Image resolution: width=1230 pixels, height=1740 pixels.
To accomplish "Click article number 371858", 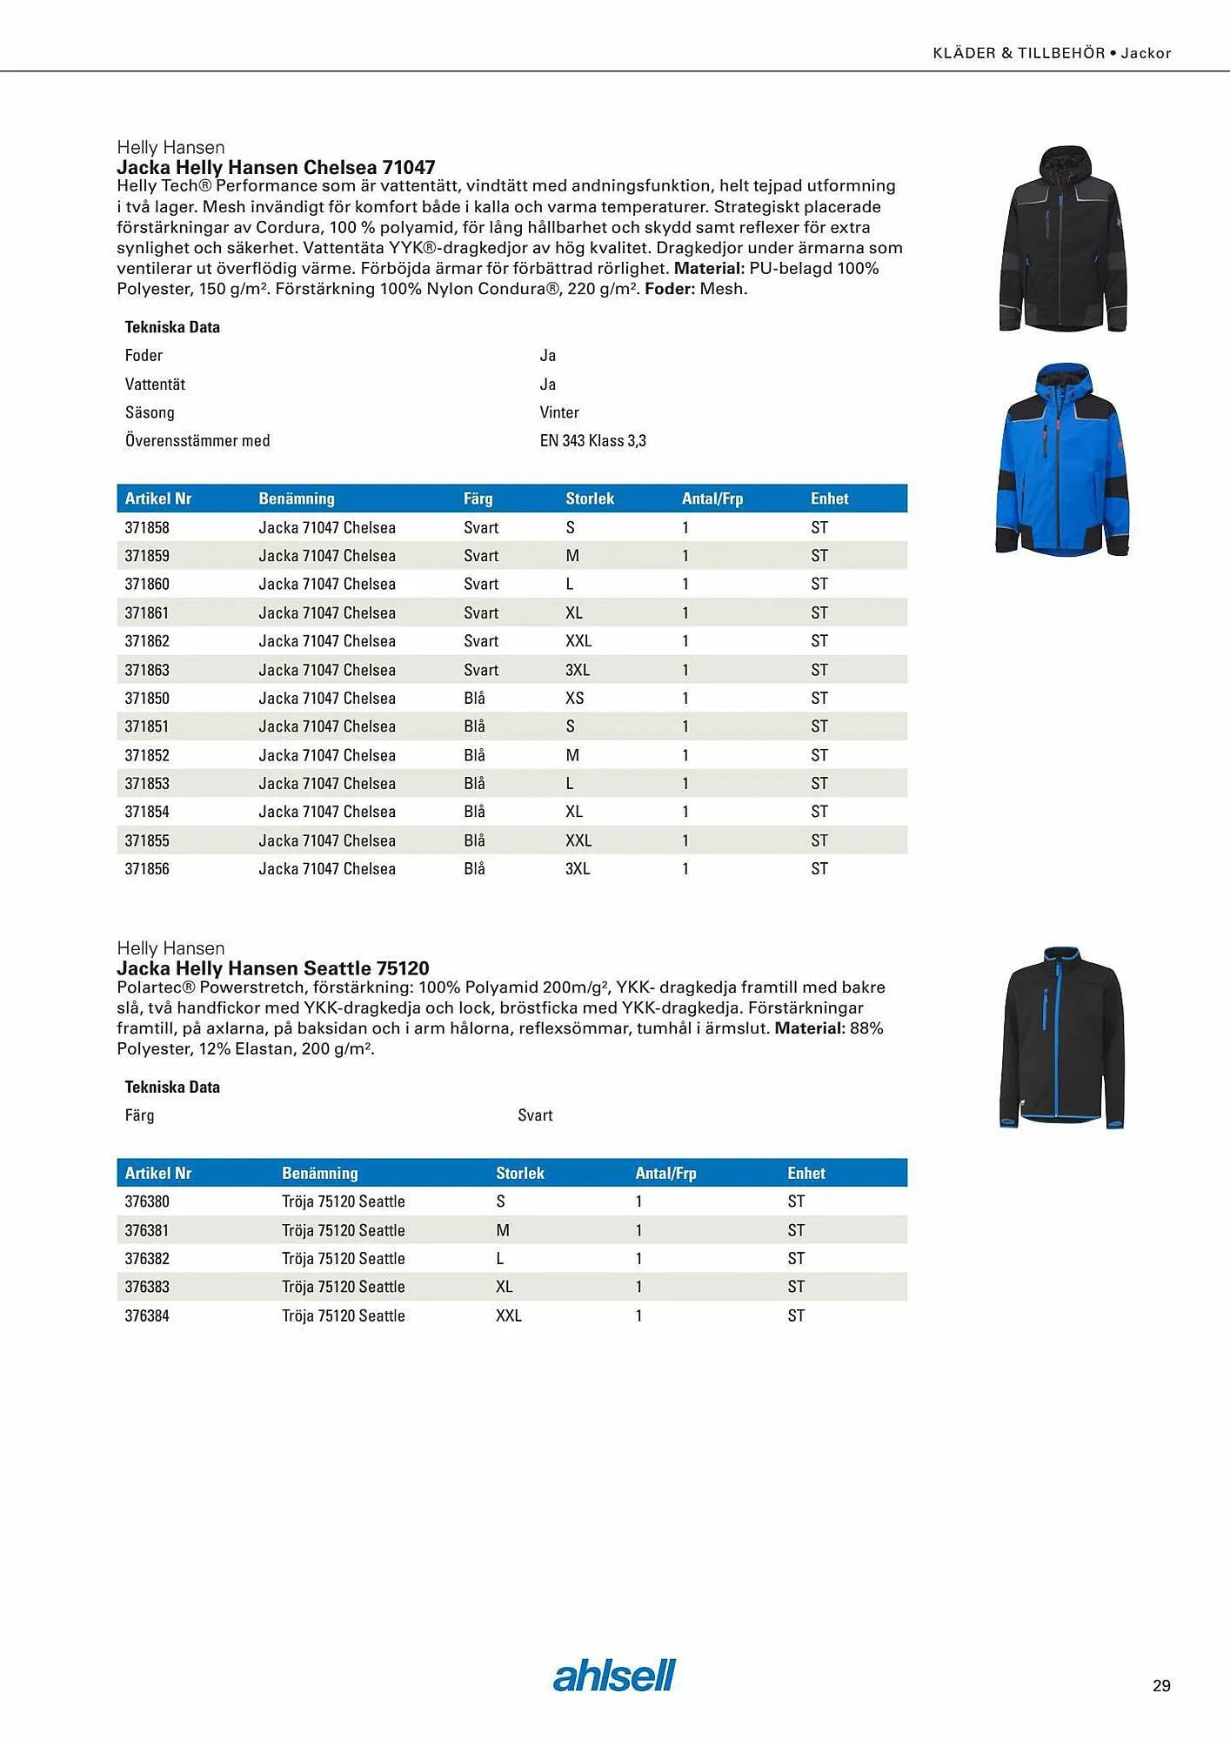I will tap(147, 527).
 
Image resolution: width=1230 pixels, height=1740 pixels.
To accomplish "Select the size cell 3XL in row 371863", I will tap(578, 670).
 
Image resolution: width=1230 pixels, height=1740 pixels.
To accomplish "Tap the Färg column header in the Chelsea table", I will tap(478, 499).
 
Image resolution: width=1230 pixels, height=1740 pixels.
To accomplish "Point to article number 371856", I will tap(147, 868).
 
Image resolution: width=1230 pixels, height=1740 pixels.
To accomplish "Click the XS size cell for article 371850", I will tap(574, 698).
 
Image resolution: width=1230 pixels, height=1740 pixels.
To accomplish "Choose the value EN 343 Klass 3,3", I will tap(592, 440).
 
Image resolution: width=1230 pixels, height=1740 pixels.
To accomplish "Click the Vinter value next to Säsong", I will tap(558, 412).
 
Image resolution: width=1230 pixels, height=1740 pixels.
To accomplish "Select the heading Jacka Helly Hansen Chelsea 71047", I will tap(276, 167).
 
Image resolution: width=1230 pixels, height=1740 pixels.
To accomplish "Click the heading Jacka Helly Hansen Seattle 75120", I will tap(273, 968).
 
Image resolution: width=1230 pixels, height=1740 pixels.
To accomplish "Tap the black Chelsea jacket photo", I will tap(1063, 239).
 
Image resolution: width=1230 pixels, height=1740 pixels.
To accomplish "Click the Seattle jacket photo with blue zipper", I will tap(1062, 1037).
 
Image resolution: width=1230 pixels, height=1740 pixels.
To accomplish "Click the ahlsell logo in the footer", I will tap(614, 1676).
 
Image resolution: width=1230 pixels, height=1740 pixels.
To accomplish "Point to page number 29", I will tap(1161, 1686).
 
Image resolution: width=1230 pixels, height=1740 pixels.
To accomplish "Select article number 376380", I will tap(147, 1201).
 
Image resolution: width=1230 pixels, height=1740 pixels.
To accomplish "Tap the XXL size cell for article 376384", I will tap(509, 1315).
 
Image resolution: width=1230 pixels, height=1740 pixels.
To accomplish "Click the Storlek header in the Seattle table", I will tap(519, 1173).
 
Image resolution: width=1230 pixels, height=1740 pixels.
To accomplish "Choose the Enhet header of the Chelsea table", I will tap(829, 499).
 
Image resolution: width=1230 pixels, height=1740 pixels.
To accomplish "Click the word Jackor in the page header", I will tap(1146, 53).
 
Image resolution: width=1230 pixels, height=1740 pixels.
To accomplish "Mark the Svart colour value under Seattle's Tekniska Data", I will tap(535, 1115).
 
